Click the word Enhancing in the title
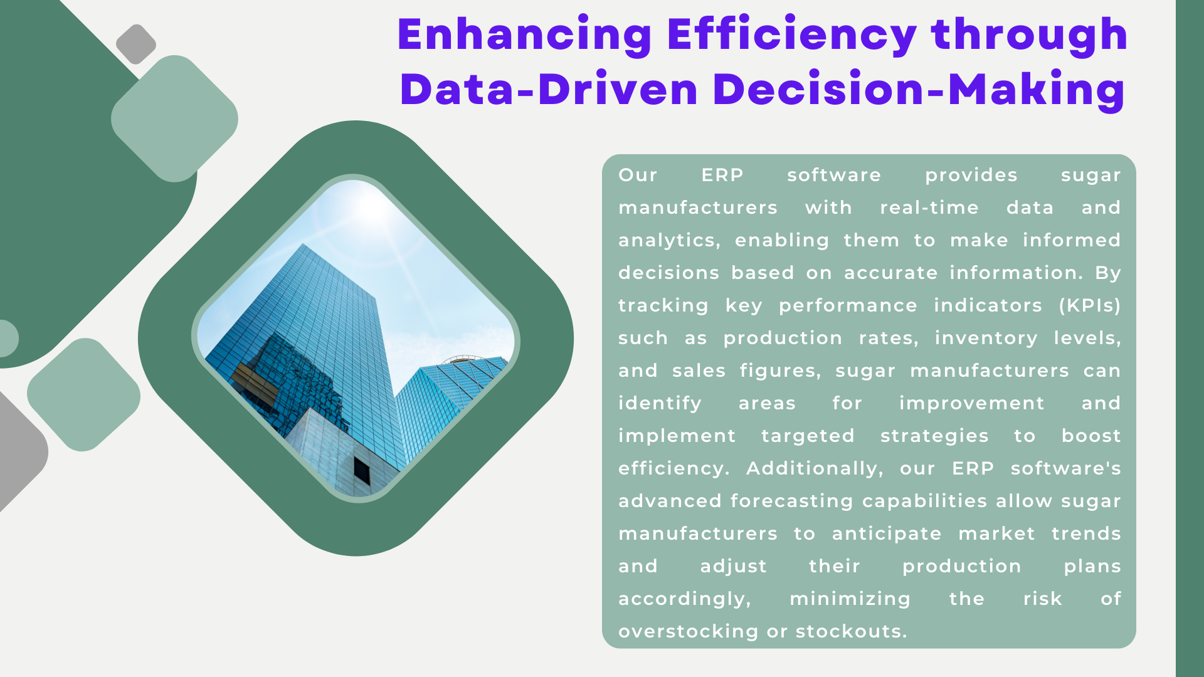tap(525, 36)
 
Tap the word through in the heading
tap(1030, 36)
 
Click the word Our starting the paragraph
tap(638, 175)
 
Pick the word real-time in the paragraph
tap(929, 207)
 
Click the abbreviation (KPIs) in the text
tap(1090, 305)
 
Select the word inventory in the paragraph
tap(986, 338)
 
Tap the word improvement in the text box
tap(972, 403)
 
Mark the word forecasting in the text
tap(791, 501)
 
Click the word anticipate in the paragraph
tap(887, 534)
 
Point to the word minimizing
tap(850, 599)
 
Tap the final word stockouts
tap(851, 631)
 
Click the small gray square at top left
tap(136, 44)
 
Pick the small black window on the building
tap(362, 470)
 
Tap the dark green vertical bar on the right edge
tap(1190, 338)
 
